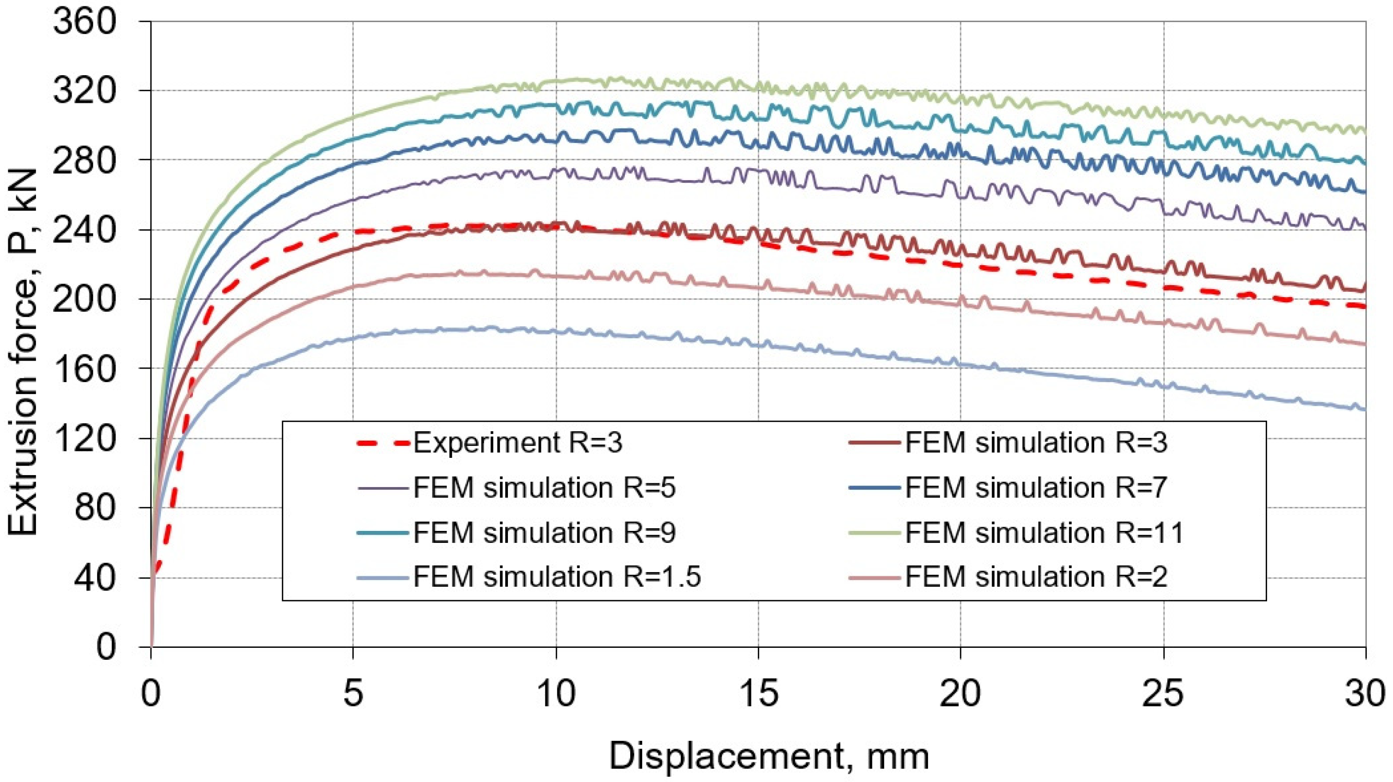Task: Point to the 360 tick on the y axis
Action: (85, 22)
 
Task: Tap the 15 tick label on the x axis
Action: (758, 694)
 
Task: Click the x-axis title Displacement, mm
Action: (769, 756)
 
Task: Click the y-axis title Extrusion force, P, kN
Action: (22, 351)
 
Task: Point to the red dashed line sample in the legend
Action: (383, 443)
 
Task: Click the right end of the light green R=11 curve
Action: (1365, 132)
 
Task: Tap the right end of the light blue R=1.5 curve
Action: (1365, 409)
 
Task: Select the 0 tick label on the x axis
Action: (151, 694)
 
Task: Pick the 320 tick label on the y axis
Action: (85, 91)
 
